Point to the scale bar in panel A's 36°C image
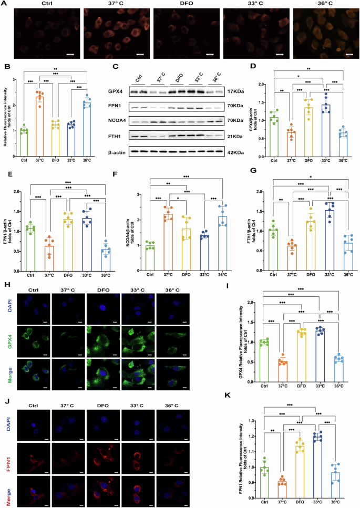348,54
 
